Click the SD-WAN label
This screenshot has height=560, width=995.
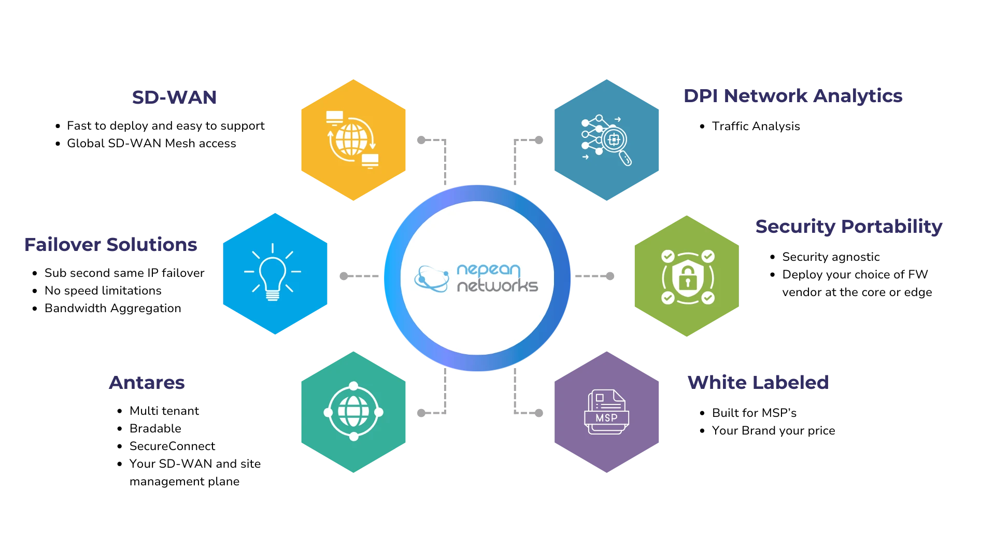point(176,97)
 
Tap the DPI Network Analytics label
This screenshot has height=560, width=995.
point(793,96)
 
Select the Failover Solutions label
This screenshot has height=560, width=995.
point(111,245)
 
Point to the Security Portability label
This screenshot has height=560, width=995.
point(848,227)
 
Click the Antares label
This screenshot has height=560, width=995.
point(148,382)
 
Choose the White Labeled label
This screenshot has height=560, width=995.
point(758,382)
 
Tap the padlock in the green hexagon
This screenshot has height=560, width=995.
point(687,277)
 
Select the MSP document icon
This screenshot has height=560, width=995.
point(606,412)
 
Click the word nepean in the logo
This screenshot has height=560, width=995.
point(488,270)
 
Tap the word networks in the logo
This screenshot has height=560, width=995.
point(497,286)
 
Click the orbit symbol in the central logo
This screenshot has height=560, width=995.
point(432,279)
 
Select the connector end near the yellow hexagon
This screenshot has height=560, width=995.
point(421,139)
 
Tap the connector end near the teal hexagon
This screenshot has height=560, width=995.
point(421,413)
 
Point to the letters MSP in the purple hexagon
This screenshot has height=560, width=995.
point(606,418)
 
